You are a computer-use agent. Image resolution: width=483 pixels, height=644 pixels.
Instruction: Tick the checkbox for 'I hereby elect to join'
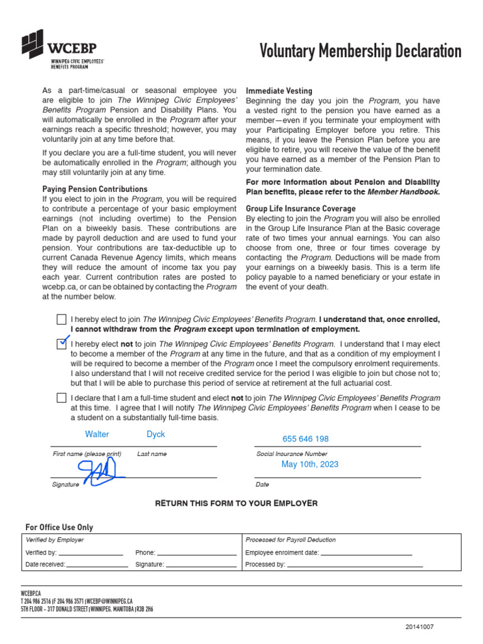click(61, 319)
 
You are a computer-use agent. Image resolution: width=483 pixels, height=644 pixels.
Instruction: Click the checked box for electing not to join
click(61, 343)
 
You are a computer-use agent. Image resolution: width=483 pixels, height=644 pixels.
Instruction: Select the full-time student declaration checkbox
click(61, 397)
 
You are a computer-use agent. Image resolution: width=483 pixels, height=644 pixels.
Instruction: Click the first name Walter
click(97, 434)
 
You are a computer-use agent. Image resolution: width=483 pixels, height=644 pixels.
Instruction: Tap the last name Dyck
click(156, 434)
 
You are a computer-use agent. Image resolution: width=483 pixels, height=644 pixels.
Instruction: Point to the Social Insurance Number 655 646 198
click(306, 439)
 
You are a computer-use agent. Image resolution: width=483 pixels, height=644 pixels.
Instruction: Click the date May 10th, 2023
click(309, 464)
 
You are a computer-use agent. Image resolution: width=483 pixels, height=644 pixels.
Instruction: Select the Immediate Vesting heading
click(279, 91)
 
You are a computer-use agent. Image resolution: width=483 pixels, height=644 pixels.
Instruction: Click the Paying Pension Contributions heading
click(95, 189)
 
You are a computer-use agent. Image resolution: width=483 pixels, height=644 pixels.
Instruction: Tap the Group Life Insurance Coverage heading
click(301, 208)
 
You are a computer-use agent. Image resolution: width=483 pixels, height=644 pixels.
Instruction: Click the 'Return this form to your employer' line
click(236, 503)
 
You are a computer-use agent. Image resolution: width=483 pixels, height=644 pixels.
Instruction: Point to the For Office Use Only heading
click(59, 527)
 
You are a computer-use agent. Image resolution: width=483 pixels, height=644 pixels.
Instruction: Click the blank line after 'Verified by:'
click(91, 553)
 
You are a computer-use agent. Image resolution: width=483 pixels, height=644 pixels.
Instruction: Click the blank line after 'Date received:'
click(97, 565)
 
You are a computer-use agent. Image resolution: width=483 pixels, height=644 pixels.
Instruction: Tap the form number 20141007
click(419, 627)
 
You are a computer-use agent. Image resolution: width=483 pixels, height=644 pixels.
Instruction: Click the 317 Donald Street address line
click(87, 609)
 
